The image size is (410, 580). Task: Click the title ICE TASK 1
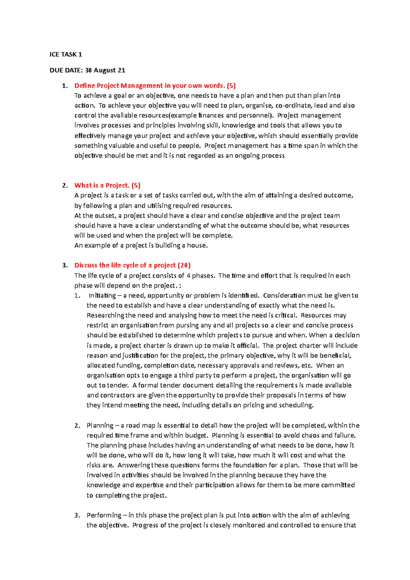[66, 54]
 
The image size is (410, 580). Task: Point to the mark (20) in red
[184, 265]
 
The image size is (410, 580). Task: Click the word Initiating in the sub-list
[102, 295]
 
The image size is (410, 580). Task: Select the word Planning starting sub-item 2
[100, 425]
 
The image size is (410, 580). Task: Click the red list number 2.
[65, 185]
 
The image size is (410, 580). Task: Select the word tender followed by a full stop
[118, 385]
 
